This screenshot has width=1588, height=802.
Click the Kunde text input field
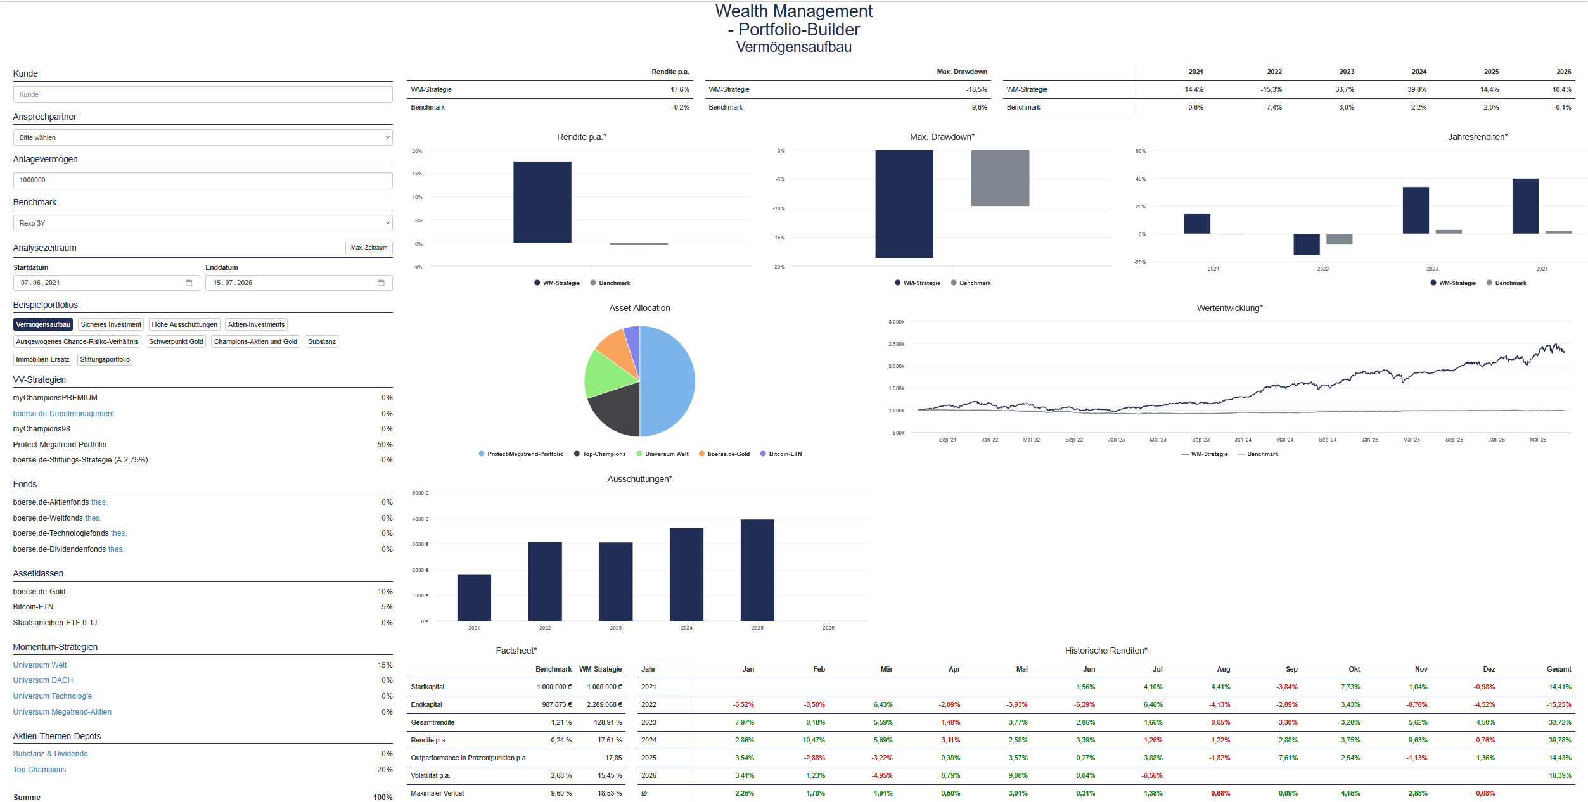(203, 94)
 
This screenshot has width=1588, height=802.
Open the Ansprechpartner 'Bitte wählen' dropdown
(203, 137)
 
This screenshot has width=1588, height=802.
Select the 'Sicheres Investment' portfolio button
(111, 324)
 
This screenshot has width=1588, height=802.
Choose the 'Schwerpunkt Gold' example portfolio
(176, 341)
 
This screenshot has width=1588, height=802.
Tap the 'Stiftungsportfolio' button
(105, 359)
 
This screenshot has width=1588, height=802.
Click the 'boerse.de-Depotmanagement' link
(63, 414)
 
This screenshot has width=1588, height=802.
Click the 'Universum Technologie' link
(53, 696)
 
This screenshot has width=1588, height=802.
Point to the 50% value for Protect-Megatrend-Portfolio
(385, 445)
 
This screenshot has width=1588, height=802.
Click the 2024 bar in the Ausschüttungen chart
(686, 575)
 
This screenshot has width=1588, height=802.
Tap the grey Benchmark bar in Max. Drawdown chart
(1000, 178)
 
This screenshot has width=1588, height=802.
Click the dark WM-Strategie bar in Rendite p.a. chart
(542, 202)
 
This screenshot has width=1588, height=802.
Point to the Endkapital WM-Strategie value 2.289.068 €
(604, 704)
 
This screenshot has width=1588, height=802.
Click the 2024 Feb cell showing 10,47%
(814, 740)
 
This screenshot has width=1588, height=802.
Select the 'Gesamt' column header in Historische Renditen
(1559, 669)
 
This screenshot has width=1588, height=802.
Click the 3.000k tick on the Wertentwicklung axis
(897, 322)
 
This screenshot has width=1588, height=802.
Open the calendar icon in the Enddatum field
(381, 283)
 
